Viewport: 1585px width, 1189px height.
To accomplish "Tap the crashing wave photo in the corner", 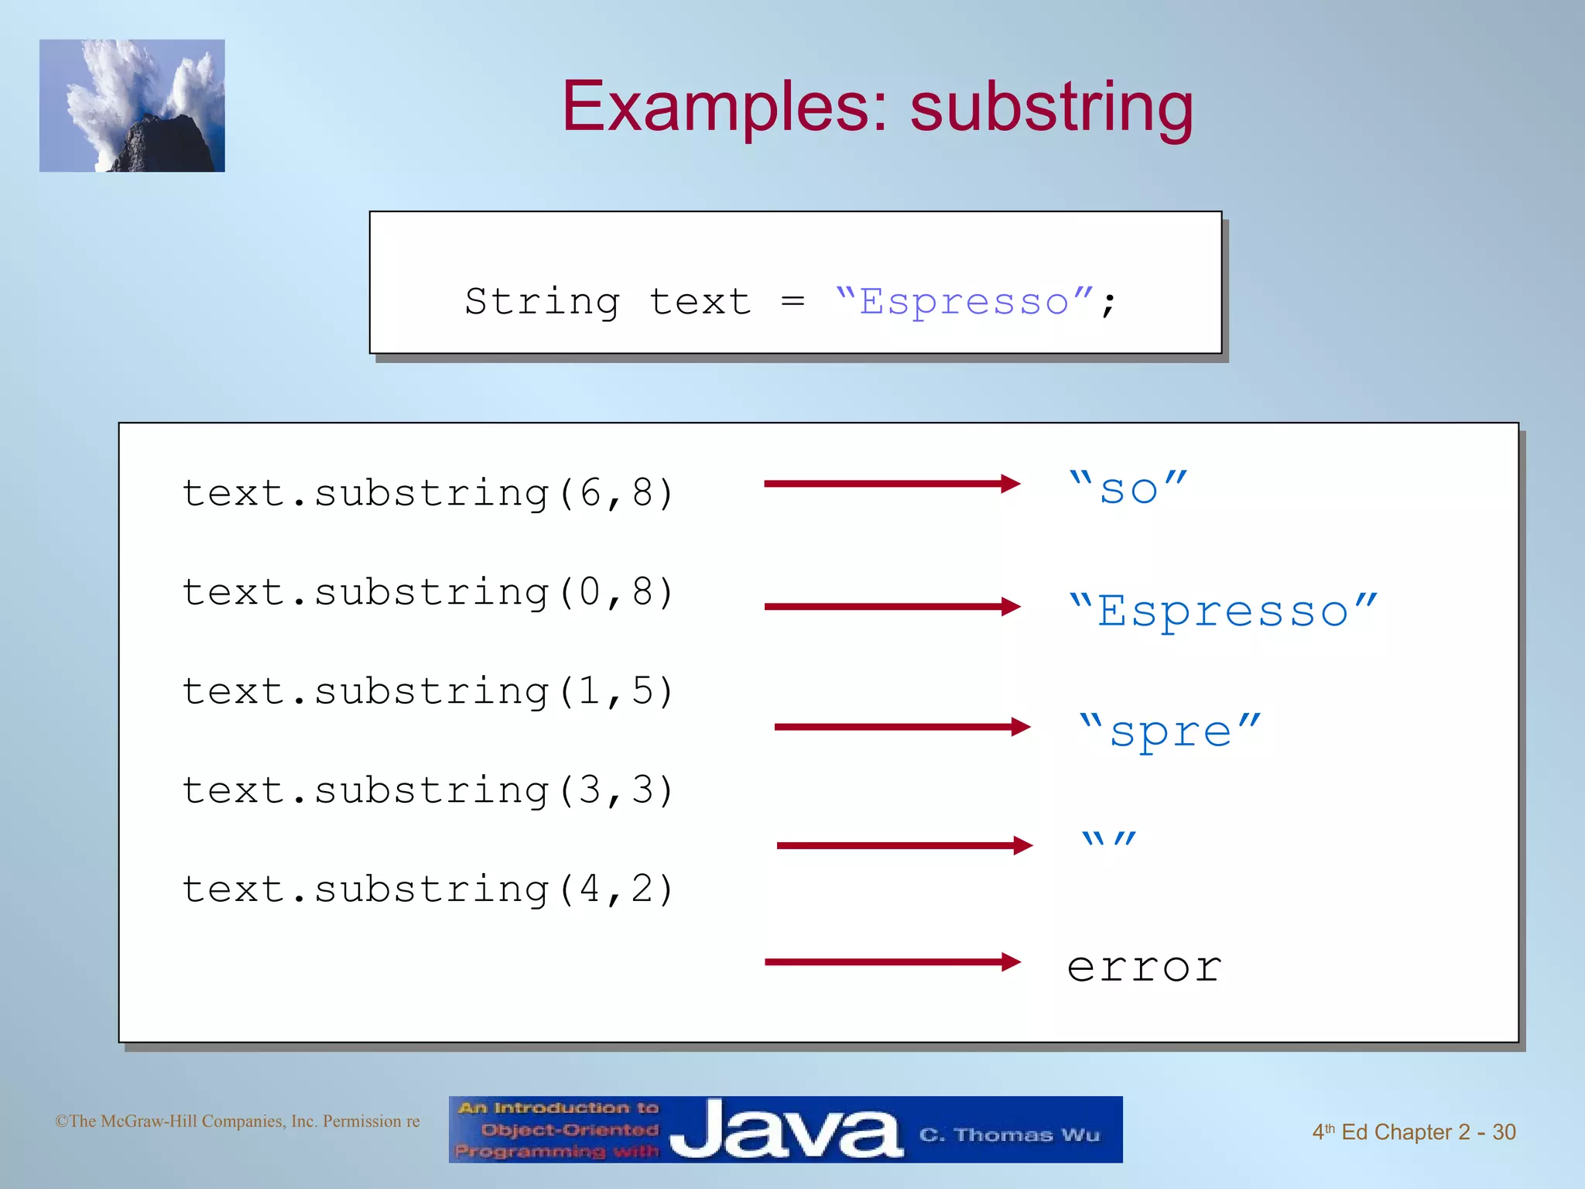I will (x=132, y=106).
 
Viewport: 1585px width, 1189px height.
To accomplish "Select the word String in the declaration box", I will (x=542, y=302).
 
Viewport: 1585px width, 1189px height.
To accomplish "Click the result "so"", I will (x=1128, y=488).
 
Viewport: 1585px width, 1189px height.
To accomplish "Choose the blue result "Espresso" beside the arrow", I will (x=1223, y=610).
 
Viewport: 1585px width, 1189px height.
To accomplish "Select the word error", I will (x=1144, y=967).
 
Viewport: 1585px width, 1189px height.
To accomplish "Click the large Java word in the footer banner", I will (x=785, y=1131).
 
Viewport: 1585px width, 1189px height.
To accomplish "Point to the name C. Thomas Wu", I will (x=1009, y=1135).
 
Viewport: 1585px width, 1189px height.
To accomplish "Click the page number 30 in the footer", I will (x=1503, y=1132).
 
